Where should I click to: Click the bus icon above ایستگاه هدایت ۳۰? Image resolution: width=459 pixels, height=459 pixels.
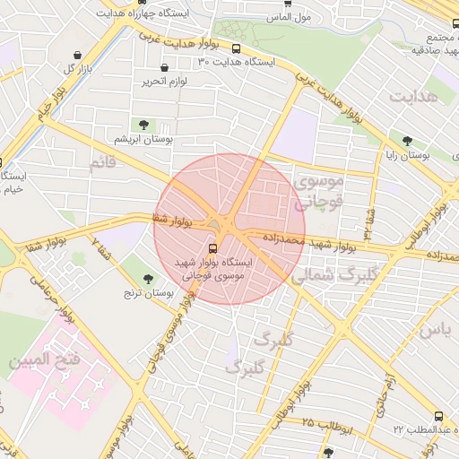(236, 49)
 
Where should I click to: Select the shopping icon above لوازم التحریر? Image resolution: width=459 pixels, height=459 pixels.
(164, 68)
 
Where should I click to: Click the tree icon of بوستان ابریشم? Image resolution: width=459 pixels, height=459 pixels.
(143, 124)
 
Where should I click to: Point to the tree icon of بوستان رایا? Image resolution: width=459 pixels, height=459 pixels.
(407, 141)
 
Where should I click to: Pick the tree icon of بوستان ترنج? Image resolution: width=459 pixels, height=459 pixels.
(148, 279)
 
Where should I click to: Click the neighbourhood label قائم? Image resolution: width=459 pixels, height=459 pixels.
(104, 163)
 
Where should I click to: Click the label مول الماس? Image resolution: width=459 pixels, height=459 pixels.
(289, 17)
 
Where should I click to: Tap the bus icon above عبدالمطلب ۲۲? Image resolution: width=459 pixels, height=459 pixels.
(438, 416)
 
